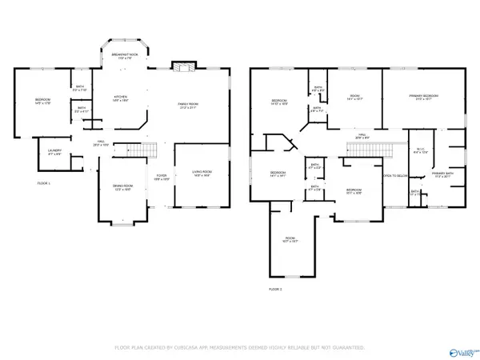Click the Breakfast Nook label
click(122, 57)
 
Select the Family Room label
click(189, 105)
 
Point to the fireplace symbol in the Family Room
click(184, 67)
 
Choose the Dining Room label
click(122, 188)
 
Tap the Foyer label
click(161, 178)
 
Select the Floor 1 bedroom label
click(42, 102)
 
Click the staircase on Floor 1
click(127, 149)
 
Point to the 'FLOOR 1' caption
click(43, 183)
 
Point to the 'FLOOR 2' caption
click(275, 288)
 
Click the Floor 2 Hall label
click(361, 136)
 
